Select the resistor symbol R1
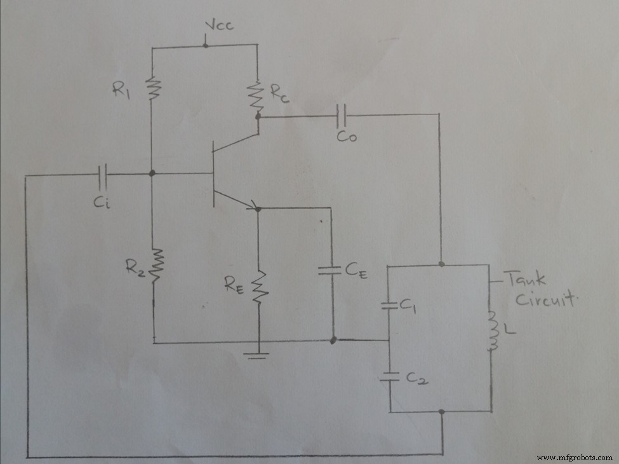[x=152, y=88]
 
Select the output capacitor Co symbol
[x=343, y=115]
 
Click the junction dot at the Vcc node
[x=205, y=44]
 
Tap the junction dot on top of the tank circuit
[x=441, y=263]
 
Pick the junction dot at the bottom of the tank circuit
[x=441, y=412]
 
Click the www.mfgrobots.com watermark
[x=574, y=457]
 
